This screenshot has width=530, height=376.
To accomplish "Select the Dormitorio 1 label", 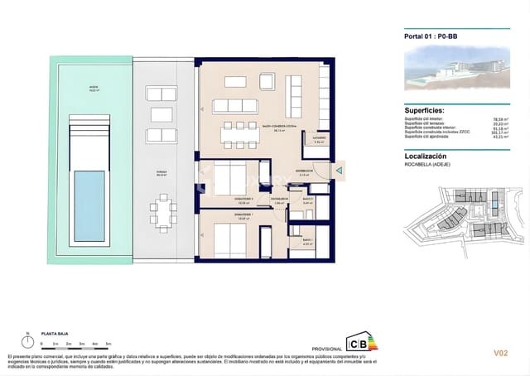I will (x=221, y=219).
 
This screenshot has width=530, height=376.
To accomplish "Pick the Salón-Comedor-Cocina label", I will (x=280, y=127).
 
